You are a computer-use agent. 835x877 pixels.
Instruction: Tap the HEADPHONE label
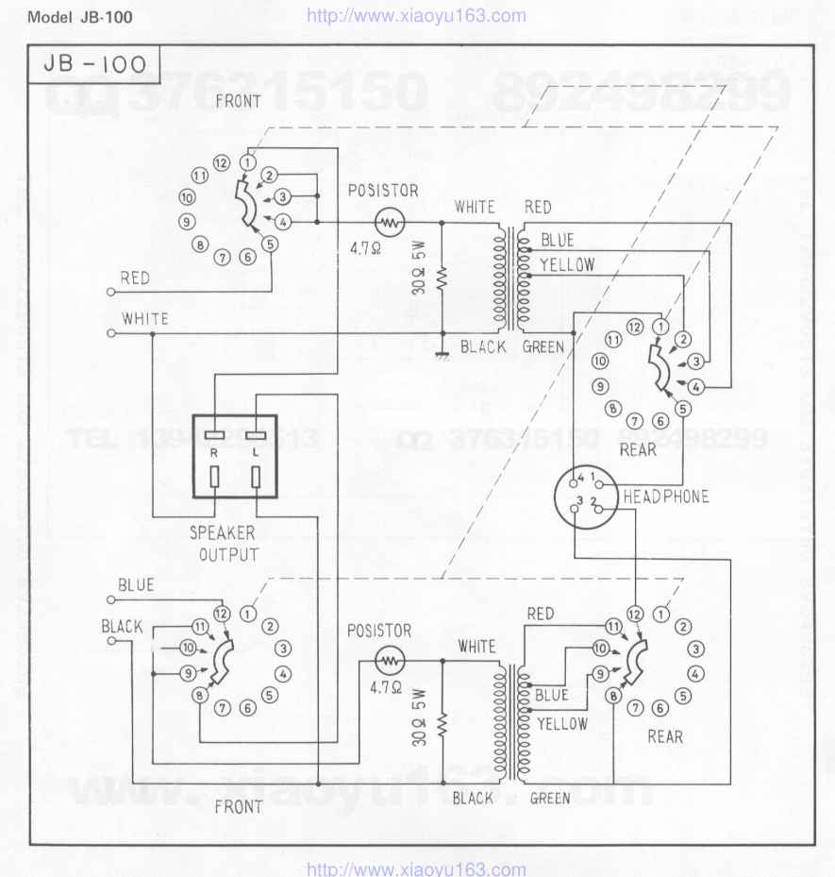[x=665, y=497]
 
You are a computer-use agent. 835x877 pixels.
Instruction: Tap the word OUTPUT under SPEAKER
[x=228, y=554]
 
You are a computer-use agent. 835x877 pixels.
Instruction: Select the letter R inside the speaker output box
[x=214, y=454]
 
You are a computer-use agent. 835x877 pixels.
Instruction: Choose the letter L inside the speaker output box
[x=255, y=454]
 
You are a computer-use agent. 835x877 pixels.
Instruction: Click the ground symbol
[x=441, y=356]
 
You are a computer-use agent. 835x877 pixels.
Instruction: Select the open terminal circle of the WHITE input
[x=112, y=333]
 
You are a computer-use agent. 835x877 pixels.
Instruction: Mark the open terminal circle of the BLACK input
[x=112, y=641]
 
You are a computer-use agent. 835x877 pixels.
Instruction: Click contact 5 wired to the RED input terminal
[x=271, y=244]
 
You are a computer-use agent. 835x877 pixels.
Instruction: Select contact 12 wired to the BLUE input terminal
[x=222, y=614]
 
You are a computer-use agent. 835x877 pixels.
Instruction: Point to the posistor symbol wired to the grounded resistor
[x=389, y=222]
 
